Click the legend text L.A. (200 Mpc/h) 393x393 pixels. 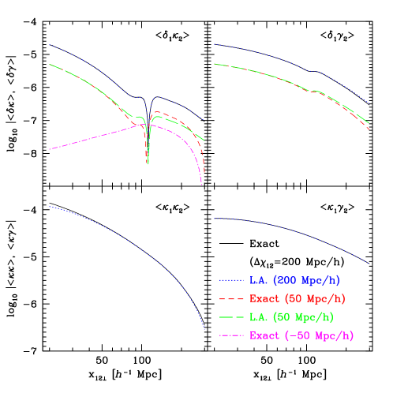pyautogui.click(x=295, y=280)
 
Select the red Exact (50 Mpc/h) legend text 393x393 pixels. pyautogui.click(x=298, y=299)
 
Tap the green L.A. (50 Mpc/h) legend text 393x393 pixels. pyautogui.click(x=291, y=317)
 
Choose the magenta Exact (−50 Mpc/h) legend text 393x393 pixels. pyautogui.click(x=301, y=336)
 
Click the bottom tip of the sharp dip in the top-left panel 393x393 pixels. pyautogui.click(x=148, y=164)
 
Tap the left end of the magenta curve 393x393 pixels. pyautogui.click(x=49, y=149)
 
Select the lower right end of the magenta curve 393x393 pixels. pyautogui.click(x=202, y=185)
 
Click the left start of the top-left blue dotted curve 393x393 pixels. pyautogui.click(x=49, y=45)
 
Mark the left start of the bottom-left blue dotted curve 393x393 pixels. pyautogui.click(x=49, y=207)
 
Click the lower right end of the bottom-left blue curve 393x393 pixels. pyautogui.click(x=204, y=328)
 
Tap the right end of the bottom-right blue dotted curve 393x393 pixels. pyautogui.click(x=369, y=264)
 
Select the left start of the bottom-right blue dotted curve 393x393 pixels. pyautogui.click(x=215, y=218)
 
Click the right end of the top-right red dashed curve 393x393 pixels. pyautogui.click(x=369, y=129)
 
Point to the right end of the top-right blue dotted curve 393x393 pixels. pyautogui.click(x=370, y=103)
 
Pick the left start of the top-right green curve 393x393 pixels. pyautogui.click(x=215, y=64)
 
